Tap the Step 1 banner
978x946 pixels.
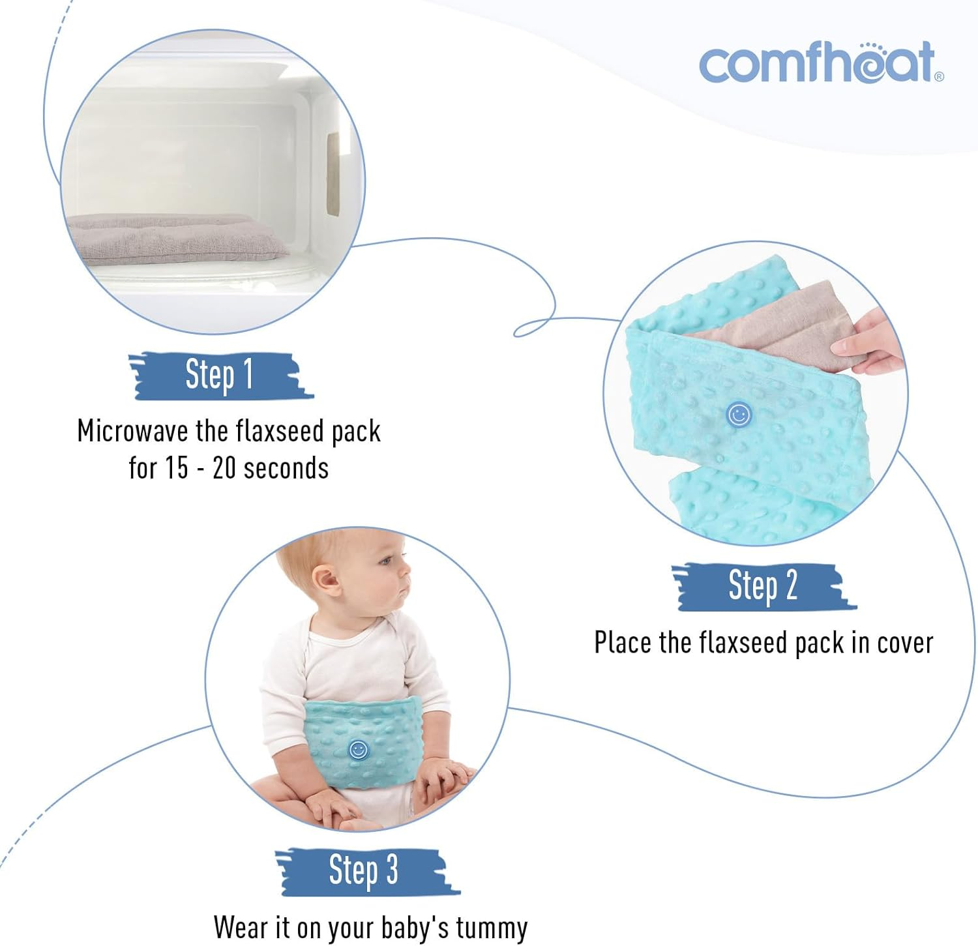tap(220, 376)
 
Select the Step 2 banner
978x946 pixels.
tap(763, 586)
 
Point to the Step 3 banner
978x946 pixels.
tap(364, 870)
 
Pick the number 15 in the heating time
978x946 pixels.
tap(175, 468)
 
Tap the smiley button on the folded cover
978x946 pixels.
tap(739, 415)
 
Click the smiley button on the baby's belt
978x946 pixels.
tap(358, 750)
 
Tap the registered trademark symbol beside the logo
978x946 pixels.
tap(939, 77)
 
